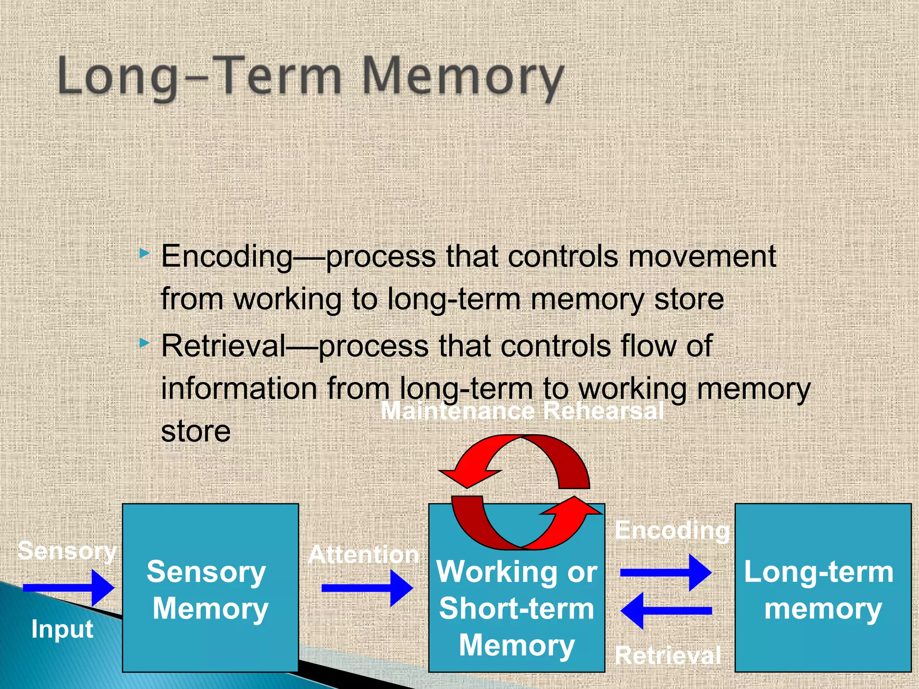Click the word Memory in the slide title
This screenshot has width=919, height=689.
(x=462, y=76)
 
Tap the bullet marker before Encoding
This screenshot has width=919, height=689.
(x=144, y=253)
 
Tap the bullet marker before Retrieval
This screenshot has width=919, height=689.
(x=144, y=344)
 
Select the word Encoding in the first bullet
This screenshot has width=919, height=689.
(x=227, y=257)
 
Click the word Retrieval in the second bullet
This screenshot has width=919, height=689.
(x=223, y=346)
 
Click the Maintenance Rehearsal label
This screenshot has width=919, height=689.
(x=522, y=410)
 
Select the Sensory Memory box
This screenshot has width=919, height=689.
(x=210, y=588)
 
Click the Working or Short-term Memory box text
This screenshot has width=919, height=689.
(x=516, y=609)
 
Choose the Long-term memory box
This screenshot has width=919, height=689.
(x=823, y=588)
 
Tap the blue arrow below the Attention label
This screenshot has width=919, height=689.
(x=367, y=588)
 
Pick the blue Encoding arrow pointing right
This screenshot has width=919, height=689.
(x=665, y=572)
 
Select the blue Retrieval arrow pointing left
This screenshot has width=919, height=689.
(x=665, y=611)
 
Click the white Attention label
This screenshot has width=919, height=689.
(x=363, y=554)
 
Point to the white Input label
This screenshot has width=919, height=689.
(x=62, y=629)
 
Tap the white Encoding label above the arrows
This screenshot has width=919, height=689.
(x=672, y=531)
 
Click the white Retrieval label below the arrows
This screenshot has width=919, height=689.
(x=668, y=655)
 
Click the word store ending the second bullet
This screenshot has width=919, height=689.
(x=196, y=432)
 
